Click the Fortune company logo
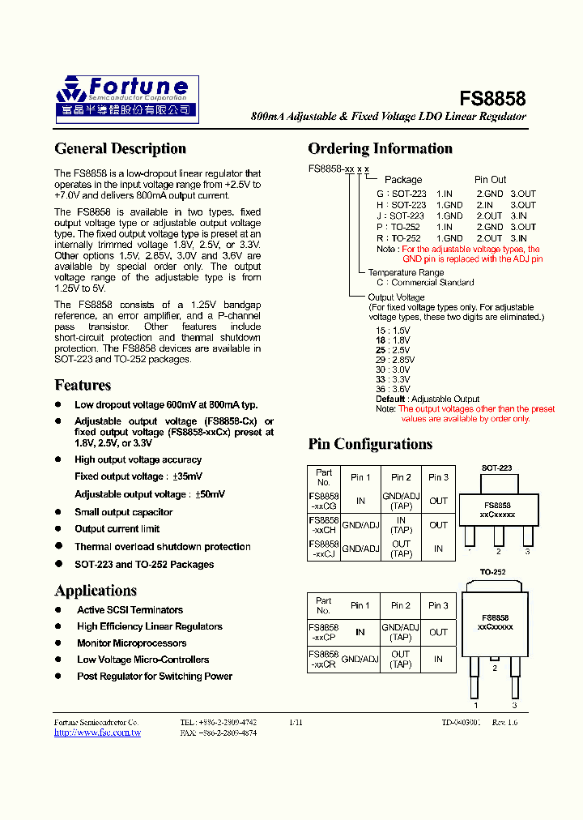tap(126, 99)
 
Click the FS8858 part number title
tap(492, 99)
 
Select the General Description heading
tap(120, 148)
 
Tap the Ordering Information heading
tap(380, 148)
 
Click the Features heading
tap(83, 385)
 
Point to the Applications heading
tap(96, 590)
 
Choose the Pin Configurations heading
tap(370, 444)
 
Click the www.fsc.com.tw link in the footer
tap(97, 732)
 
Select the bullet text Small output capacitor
tap(123, 512)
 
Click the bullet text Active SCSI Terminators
tap(130, 610)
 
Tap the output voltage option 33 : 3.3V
tap(393, 379)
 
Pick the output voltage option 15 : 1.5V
tap(393, 331)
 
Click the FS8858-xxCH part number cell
tap(324, 525)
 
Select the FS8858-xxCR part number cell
tap(324, 659)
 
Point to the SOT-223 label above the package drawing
tap(496, 468)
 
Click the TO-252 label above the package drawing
tap(492, 572)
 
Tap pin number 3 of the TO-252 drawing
tap(513, 705)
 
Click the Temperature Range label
tap(406, 273)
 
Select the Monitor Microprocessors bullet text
tap(131, 643)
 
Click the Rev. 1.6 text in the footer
tap(504, 722)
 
